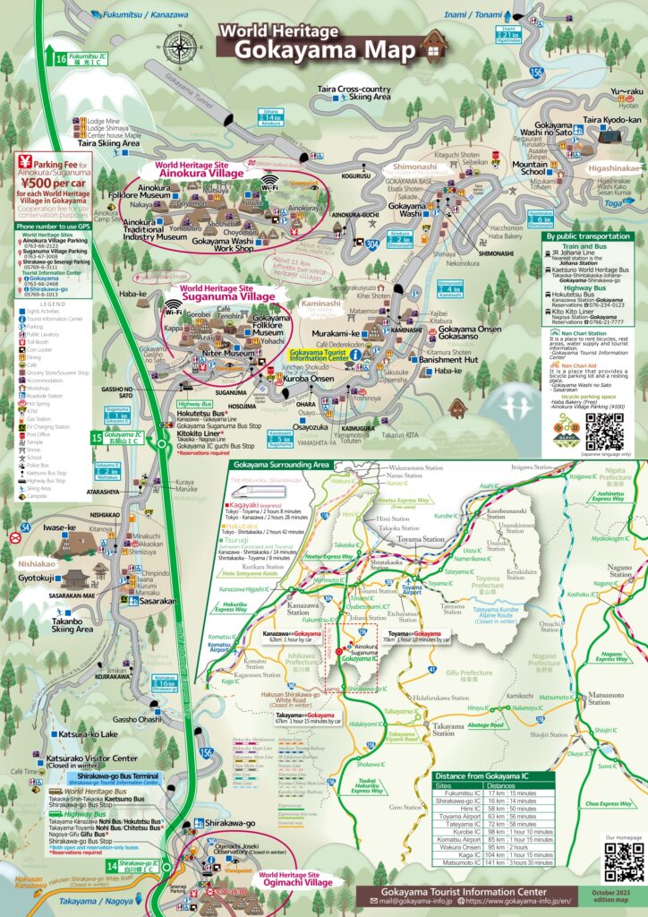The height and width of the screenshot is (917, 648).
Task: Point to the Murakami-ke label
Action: (x=336, y=332)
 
